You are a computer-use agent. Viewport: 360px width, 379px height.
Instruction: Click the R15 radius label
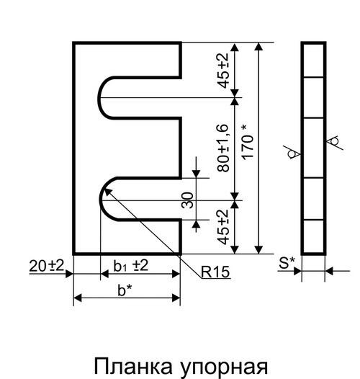coord(215,272)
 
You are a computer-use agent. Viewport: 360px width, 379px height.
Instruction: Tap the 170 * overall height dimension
coord(248,142)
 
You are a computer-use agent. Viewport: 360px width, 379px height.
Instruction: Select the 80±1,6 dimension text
coord(222,148)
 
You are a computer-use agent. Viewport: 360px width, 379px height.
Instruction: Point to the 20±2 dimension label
coord(46,265)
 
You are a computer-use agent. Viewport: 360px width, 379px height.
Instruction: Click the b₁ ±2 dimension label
coord(131,266)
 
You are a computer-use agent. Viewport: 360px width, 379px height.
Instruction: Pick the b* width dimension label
coord(125,290)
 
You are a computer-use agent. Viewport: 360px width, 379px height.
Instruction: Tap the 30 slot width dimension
coord(187,200)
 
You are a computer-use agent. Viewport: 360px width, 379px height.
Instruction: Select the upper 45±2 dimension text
coord(222,71)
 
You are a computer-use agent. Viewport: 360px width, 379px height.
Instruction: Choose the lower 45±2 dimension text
coord(222,227)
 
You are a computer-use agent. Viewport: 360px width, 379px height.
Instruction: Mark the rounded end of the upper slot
coord(99,98)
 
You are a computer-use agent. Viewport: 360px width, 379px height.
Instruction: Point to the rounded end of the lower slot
coord(101,199)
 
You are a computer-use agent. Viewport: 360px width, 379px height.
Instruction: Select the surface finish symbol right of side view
coord(334,142)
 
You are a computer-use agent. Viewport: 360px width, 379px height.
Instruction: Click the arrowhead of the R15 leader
coord(107,192)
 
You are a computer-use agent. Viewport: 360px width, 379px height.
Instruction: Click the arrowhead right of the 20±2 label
coord(69,274)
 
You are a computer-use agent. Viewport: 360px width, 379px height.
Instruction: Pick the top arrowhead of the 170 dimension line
coord(258,47)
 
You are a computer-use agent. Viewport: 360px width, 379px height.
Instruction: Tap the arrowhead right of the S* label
coord(297,271)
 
